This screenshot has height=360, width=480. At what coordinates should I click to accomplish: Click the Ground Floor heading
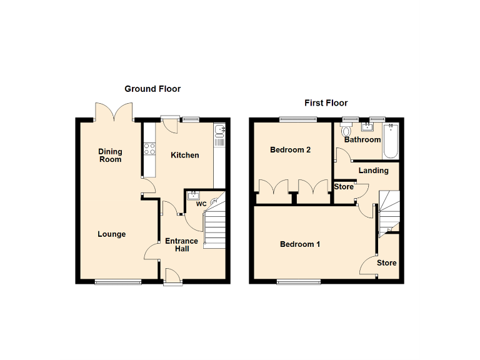[152, 89]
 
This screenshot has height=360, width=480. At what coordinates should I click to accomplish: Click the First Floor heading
[326, 103]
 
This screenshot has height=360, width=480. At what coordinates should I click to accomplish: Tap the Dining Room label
[110, 155]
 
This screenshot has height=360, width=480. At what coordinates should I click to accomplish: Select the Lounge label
[112, 234]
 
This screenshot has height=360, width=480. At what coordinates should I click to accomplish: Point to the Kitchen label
[185, 155]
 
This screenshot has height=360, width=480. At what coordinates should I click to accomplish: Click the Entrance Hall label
[181, 245]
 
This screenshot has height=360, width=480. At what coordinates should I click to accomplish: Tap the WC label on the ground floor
[201, 204]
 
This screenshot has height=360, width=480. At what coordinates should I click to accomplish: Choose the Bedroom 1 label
[300, 244]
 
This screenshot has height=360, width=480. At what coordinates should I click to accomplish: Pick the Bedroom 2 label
[291, 150]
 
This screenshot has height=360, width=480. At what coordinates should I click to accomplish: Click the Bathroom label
[362, 139]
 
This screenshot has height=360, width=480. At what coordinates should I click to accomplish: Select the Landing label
[374, 171]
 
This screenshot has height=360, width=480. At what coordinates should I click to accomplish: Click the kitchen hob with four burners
[150, 149]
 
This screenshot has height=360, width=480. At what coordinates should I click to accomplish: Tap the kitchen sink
[220, 131]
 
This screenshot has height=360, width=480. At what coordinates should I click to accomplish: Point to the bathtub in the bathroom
[392, 141]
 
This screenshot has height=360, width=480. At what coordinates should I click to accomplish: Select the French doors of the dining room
[114, 112]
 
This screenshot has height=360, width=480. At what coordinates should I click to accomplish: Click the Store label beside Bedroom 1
[387, 263]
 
